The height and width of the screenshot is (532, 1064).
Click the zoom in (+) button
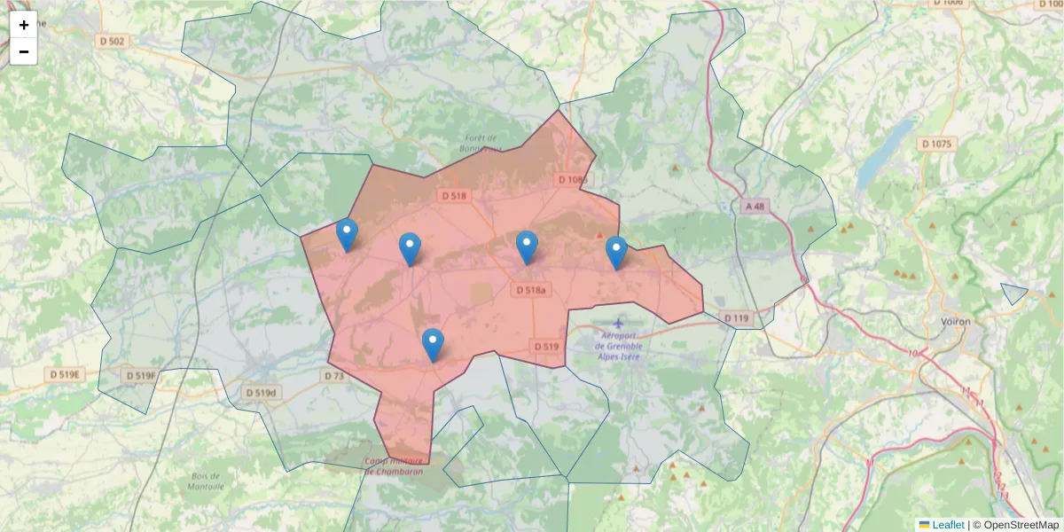pos(24,25)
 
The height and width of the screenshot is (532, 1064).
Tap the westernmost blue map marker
pos(347,235)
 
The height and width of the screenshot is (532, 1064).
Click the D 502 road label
pos(113,41)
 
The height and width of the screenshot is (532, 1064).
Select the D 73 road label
pos(333,376)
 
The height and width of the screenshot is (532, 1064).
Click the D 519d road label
pos(261,392)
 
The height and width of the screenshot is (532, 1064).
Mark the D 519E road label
pos(65,375)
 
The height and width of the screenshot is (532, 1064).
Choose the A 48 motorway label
pos(754,207)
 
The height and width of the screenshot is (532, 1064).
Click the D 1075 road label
pos(935,144)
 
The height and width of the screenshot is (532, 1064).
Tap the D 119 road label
pos(736,317)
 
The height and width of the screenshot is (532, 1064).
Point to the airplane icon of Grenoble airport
pos(617,324)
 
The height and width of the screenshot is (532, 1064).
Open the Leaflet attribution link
pos(948,525)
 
